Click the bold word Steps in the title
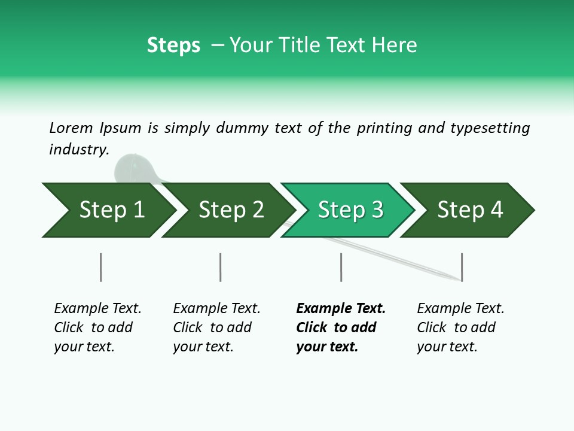[173, 45]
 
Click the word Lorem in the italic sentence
[71, 128]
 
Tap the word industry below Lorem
[78, 150]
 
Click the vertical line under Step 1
[100, 267]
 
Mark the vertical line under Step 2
[220, 267]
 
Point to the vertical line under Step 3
[341, 267]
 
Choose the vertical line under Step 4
[462, 267]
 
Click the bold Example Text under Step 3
[341, 308]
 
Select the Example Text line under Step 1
[97, 308]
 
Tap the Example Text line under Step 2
[216, 308]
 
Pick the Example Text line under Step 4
[460, 308]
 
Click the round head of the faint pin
[131, 168]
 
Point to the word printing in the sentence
[384, 128]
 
